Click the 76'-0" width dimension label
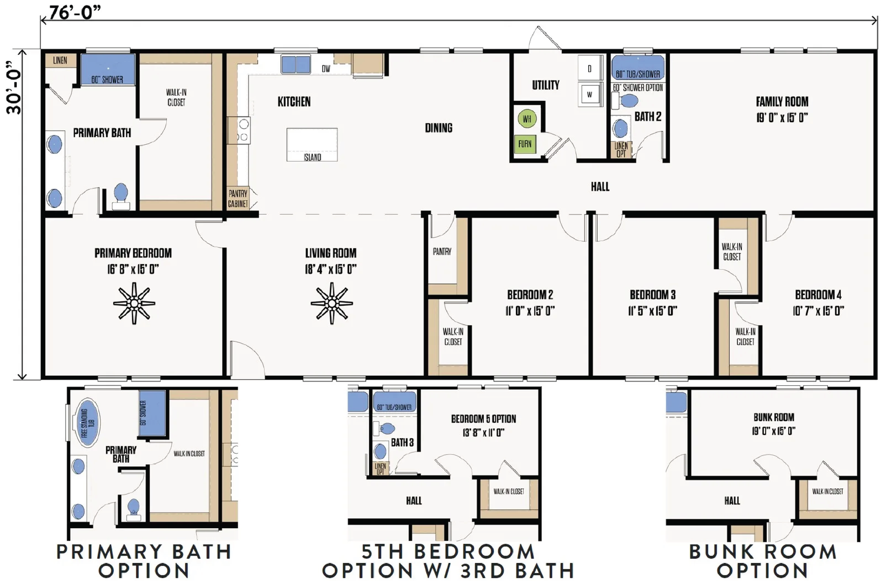click(74, 13)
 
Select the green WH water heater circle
click(527, 119)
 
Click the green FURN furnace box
click(525, 144)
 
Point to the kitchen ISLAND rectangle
click(312, 145)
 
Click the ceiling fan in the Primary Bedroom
click(134, 303)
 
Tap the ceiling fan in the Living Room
click(332, 303)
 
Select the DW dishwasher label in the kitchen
click(326, 68)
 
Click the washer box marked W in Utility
click(589, 94)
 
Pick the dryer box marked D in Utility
click(589, 68)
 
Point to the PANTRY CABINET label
click(238, 199)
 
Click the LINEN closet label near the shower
click(60, 60)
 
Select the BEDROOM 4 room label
click(818, 295)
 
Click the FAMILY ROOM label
click(782, 102)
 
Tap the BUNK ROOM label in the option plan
click(774, 417)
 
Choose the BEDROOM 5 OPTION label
click(483, 419)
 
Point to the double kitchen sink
click(296, 65)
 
